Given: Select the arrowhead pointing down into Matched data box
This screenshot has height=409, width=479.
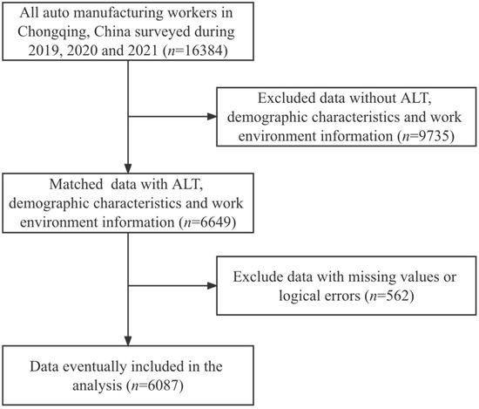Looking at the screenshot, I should coord(127,173).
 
